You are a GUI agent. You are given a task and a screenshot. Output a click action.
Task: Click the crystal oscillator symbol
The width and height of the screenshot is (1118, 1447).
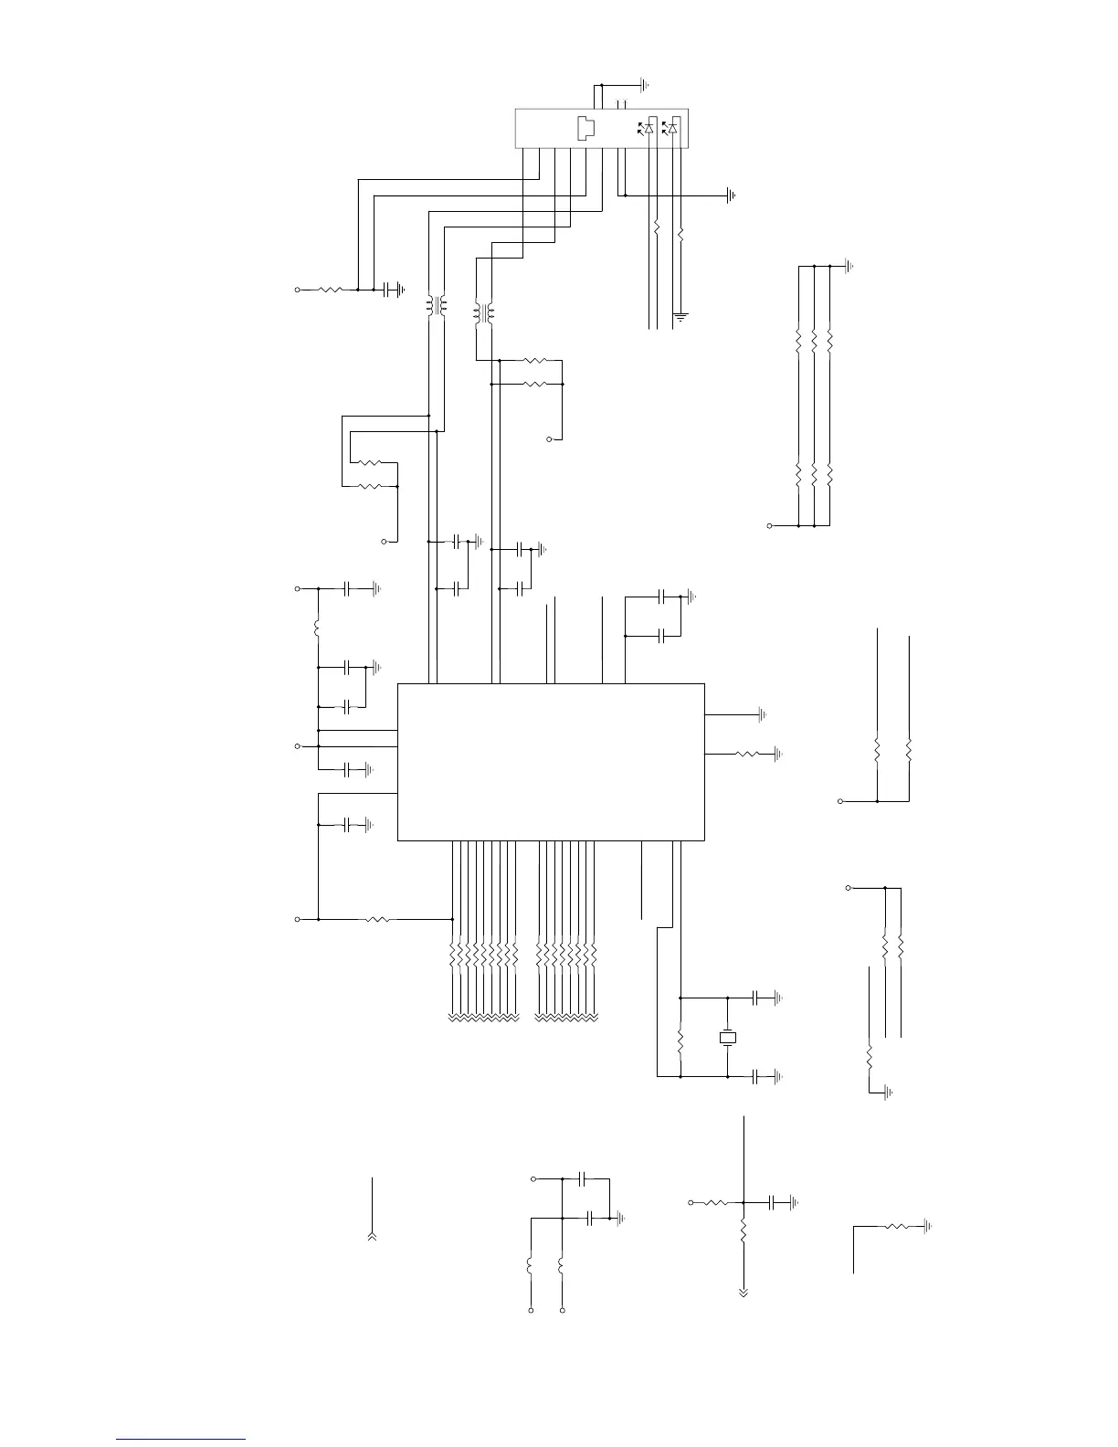click(727, 1038)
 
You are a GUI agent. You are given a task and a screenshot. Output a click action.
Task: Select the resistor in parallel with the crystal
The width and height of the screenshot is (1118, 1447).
click(680, 1040)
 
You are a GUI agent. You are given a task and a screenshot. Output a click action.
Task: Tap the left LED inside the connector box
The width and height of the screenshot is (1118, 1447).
click(649, 128)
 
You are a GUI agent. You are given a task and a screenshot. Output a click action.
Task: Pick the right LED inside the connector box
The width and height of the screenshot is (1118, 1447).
click(672, 128)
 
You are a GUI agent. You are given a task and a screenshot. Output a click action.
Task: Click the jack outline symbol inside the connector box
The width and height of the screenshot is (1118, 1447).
click(586, 128)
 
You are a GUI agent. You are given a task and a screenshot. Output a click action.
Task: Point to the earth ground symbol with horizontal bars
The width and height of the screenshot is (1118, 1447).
click(680, 317)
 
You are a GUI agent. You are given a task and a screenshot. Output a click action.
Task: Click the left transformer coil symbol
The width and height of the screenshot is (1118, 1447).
click(436, 306)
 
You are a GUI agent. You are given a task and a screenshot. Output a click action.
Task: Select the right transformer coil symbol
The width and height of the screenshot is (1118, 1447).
click(483, 313)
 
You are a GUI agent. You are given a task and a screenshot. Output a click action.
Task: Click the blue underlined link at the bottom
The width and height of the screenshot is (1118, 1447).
click(181, 1440)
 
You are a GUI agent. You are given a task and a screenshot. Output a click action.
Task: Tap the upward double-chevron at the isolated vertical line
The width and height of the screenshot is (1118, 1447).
click(373, 1236)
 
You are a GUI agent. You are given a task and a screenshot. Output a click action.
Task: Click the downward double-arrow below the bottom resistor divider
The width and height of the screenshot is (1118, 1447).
click(744, 1293)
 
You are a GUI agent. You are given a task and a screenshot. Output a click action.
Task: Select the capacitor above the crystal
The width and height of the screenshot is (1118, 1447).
click(756, 998)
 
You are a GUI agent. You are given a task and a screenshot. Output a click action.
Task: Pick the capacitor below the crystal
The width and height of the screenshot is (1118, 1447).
click(756, 1077)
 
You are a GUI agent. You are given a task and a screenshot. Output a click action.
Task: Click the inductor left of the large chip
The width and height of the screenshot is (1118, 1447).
click(317, 629)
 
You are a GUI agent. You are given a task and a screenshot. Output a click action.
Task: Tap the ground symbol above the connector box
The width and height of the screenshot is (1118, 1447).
click(645, 85)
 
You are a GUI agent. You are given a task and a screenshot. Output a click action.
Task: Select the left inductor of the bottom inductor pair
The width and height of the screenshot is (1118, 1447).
click(530, 1266)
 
